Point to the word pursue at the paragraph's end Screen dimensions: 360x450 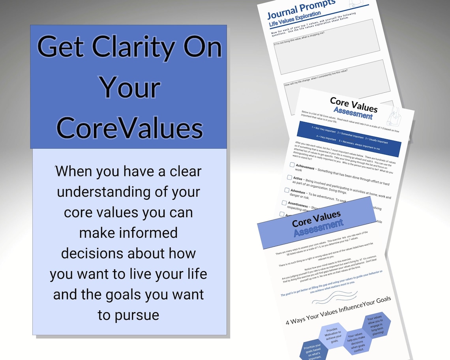(128, 315)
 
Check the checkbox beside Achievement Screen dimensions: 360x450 (292, 165)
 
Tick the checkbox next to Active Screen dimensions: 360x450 (289, 177)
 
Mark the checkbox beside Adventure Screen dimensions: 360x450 (287, 190)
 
